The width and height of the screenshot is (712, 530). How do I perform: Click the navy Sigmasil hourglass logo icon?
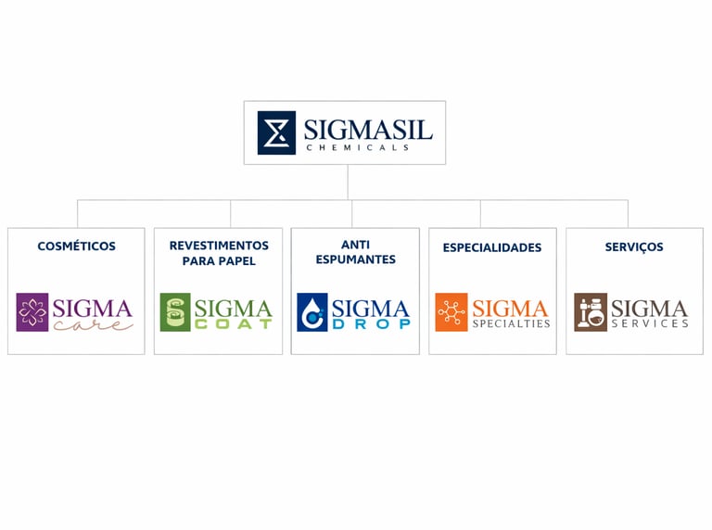pyautogui.click(x=276, y=132)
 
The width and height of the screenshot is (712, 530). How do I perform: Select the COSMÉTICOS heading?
pyautogui.click(x=76, y=246)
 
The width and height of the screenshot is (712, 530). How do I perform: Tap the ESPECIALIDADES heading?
pyautogui.click(x=492, y=247)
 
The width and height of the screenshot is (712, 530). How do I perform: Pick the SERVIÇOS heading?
pyautogui.click(x=634, y=247)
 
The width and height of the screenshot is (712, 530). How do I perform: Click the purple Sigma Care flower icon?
pyautogui.click(x=32, y=312)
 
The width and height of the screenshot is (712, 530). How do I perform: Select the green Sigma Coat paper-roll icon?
pyautogui.click(x=174, y=312)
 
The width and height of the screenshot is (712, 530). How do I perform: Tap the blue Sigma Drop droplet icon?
pyautogui.click(x=311, y=312)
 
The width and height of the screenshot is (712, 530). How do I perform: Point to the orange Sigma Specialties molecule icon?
pyautogui.click(x=451, y=312)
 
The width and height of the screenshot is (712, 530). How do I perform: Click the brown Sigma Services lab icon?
pyautogui.click(x=590, y=312)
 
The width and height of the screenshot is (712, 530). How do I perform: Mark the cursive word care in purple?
pyautogui.click(x=92, y=324)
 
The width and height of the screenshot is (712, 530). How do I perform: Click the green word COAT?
pyautogui.click(x=234, y=324)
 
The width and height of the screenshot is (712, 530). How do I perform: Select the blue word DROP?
pyautogui.click(x=371, y=324)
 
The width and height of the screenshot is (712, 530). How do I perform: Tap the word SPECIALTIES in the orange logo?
pyautogui.click(x=511, y=323)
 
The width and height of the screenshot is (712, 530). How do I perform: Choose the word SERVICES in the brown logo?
pyautogui.click(x=649, y=323)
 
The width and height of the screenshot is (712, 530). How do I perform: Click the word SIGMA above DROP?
pyautogui.click(x=371, y=308)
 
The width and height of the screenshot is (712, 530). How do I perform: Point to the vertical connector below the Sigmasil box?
pyautogui.click(x=348, y=182)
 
